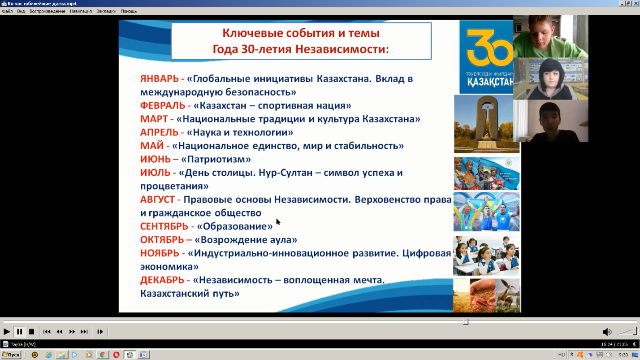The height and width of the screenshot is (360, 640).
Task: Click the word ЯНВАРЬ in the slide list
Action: [x=159, y=78]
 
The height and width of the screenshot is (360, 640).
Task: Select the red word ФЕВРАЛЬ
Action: [x=162, y=105]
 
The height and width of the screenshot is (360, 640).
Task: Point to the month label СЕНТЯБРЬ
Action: [x=164, y=226]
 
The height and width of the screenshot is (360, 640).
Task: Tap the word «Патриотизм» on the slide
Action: [x=216, y=159]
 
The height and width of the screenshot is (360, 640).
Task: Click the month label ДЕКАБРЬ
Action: [x=162, y=280]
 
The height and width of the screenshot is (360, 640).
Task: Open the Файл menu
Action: [x=8, y=11]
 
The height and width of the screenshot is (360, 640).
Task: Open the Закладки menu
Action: [x=106, y=11]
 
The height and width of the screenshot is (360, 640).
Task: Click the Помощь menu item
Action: [x=129, y=11]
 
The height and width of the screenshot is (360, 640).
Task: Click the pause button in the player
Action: [x=19, y=332]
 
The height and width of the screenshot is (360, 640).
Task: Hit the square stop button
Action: [x=31, y=332]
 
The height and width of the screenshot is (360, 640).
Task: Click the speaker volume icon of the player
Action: [x=606, y=332]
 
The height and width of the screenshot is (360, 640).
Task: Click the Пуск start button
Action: [x=11, y=355]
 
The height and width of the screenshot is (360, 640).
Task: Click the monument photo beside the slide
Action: [x=486, y=124]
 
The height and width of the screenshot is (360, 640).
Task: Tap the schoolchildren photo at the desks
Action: [x=486, y=256]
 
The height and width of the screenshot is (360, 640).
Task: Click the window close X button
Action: [x=636, y=4]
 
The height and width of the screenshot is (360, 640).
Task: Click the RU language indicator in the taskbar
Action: [x=561, y=355]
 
